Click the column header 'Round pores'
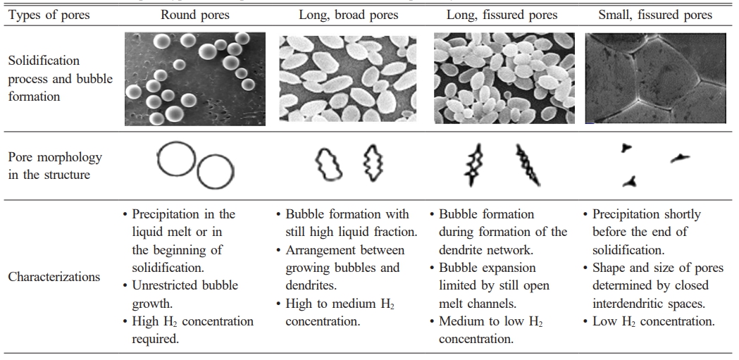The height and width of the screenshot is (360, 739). (194, 15)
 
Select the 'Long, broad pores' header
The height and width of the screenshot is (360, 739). (348, 15)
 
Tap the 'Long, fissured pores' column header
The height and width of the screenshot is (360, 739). (502, 15)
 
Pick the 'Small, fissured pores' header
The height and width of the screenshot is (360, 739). (655, 15)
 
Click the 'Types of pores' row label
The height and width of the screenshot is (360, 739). (49, 15)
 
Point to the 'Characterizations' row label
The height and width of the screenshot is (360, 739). (54, 277)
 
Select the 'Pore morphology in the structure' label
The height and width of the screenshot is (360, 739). (55, 166)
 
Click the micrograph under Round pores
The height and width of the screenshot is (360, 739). (195, 79)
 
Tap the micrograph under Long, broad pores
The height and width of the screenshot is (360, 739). (348, 79)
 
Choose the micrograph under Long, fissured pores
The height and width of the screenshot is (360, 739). (504, 78)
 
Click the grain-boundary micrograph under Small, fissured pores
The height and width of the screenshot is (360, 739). (656, 78)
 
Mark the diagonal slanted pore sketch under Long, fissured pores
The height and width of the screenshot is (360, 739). (528, 165)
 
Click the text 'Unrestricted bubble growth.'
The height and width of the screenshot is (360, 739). (185, 294)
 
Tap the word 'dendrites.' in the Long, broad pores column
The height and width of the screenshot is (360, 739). (308, 285)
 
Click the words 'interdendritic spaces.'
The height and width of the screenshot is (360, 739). (644, 304)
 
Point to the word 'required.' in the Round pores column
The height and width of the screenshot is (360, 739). (156, 340)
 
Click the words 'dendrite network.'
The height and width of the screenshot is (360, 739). (486, 250)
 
